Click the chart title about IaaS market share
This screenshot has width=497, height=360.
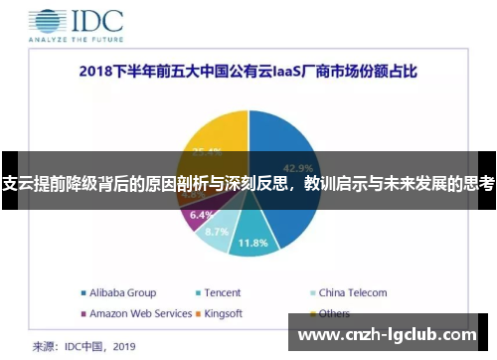pyautogui.click(x=248, y=73)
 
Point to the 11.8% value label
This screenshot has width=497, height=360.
pyautogui.click(x=253, y=242)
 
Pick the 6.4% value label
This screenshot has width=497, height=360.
pyautogui.click(x=201, y=214)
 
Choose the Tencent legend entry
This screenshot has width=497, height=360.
pyautogui.click(x=223, y=293)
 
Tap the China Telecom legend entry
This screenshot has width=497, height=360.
pyautogui.click(x=352, y=293)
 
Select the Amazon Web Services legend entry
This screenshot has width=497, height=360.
pyautogui.click(x=140, y=313)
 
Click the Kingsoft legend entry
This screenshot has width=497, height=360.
pyautogui.click(x=225, y=313)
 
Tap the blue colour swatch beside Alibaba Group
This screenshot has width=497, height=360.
pyautogui.click(x=83, y=293)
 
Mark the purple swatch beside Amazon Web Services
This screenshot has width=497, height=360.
pyautogui.click(x=83, y=313)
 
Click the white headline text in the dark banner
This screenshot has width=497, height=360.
pyautogui.click(x=248, y=183)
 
